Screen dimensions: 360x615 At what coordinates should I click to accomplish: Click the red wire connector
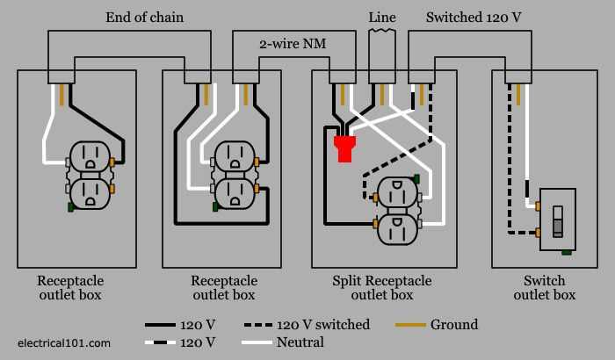344,148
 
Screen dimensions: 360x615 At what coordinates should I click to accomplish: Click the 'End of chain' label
143,17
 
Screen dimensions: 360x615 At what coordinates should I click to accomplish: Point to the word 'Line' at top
381,17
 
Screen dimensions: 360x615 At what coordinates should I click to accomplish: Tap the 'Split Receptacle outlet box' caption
382,288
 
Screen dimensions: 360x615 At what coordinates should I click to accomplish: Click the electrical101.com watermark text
64,342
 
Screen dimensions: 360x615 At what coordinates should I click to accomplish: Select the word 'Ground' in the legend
454,325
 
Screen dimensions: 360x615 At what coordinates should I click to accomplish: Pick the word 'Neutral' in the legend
300,342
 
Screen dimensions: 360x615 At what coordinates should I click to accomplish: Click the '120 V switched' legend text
324,325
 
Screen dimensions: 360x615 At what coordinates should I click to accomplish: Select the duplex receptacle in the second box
234,176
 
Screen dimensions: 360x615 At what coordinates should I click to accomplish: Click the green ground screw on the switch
567,253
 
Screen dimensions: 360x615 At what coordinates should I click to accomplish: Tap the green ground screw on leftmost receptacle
69,207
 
